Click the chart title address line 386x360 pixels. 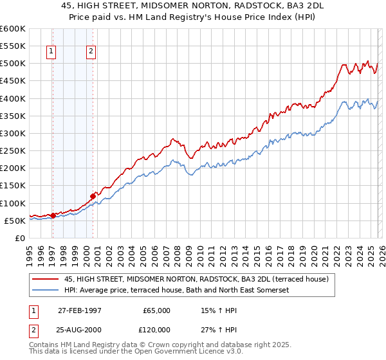tap(193, 6)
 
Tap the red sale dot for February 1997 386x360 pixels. tap(53, 215)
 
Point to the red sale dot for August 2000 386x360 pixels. tap(93, 196)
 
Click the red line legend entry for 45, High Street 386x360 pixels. tap(197, 279)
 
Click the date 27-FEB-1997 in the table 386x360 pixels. tap(78, 310)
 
